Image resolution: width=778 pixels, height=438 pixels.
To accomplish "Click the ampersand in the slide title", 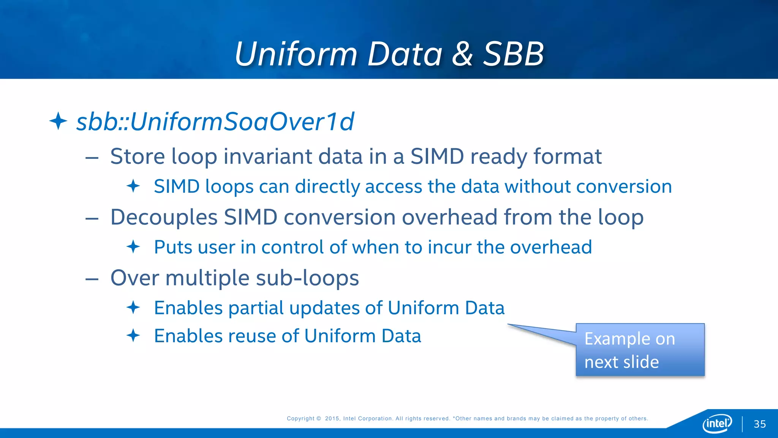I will (462, 54).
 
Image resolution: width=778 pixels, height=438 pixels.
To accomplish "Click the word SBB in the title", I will (514, 54).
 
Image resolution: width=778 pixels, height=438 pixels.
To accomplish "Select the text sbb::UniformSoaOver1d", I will (215, 122).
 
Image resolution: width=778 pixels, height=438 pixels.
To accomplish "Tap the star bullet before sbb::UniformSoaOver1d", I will (58, 121).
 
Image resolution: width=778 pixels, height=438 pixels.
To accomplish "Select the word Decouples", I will (164, 217).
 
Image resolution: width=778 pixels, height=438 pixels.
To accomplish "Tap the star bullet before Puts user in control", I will (133, 247).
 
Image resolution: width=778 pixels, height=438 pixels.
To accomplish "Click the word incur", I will (449, 247).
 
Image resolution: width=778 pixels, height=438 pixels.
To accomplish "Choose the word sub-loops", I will (307, 278).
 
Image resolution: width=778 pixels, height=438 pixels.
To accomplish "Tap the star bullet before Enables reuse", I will (133, 335).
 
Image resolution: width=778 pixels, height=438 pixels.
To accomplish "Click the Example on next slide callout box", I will (640, 350).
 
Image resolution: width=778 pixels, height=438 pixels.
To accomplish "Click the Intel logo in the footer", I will (717, 423).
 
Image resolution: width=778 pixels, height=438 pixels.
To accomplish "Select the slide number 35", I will (759, 424).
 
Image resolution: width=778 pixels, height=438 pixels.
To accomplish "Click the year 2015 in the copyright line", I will (332, 419).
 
